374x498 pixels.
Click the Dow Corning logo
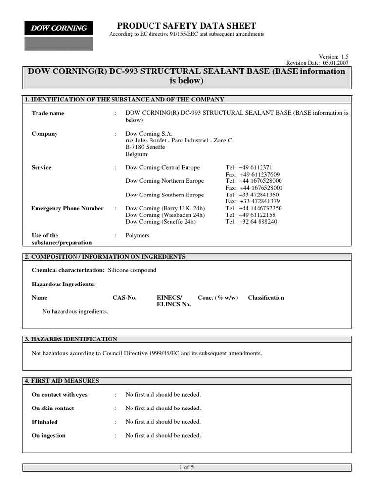click(x=59, y=29)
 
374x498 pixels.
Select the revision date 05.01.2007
click(x=336, y=63)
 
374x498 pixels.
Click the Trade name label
click(x=48, y=113)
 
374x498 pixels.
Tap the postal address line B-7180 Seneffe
click(x=145, y=147)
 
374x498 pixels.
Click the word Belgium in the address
click(x=136, y=154)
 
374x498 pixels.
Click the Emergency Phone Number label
click(x=67, y=208)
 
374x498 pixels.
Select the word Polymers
click(x=137, y=235)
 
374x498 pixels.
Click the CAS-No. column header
click(x=125, y=298)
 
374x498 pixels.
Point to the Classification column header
click(x=266, y=298)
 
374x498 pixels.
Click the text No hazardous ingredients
click(x=75, y=311)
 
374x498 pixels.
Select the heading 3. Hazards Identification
click(x=71, y=339)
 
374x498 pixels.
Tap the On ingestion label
click(x=49, y=435)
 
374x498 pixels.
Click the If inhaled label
click(x=44, y=422)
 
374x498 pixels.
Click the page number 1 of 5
click(x=187, y=467)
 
